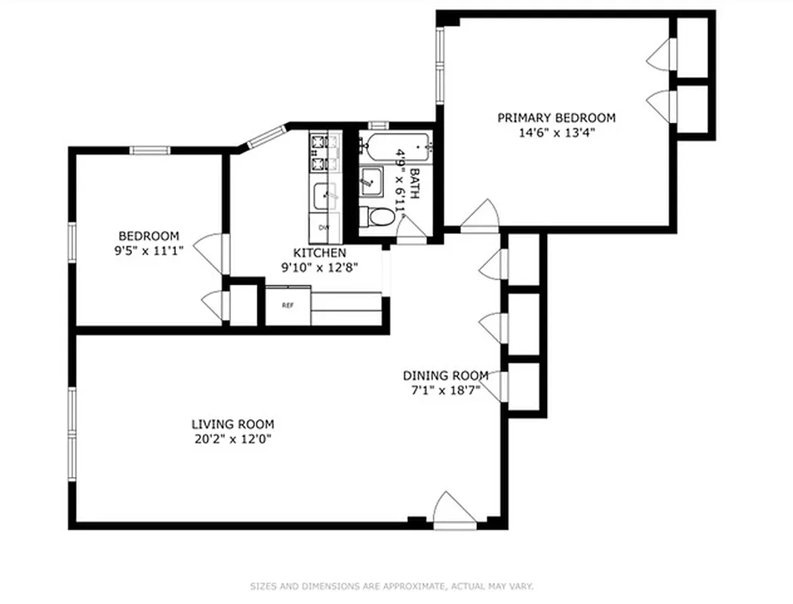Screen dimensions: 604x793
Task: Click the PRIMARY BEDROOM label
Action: click(x=556, y=118)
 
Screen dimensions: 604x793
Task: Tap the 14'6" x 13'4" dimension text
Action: click(x=556, y=132)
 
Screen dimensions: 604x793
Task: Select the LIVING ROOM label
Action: click(x=232, y=424)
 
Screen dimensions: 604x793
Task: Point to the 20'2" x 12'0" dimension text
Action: click(x=232, y=439)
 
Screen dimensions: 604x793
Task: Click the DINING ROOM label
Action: click(x=445, y=376)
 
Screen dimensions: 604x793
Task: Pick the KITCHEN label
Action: click(x=319, y=253)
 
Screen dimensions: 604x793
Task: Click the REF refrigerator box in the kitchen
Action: click(x=287, y=306)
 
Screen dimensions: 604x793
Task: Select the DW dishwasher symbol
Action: click(x=324, y=227)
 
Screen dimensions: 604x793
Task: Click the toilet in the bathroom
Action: click(x=378, y=217)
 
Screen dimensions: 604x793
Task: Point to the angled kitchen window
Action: click(x=263, y=137)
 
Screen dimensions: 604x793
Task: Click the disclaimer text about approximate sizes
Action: click(x=392, y=586)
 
